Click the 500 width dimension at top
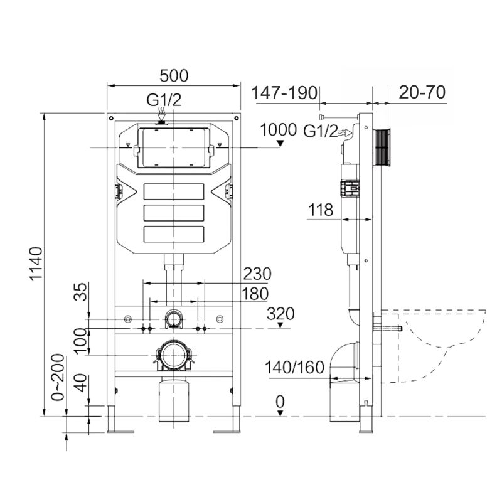pos(174,75)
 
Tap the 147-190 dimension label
pos(284,92)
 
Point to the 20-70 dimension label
pos(422,92)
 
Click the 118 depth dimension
pos(321,210)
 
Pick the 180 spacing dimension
pos(255,294)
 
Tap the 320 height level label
pos(280,314)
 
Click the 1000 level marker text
pos(278,130)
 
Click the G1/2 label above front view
pos(164,100)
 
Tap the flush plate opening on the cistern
pos(173,147)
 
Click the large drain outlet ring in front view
pos(172,356)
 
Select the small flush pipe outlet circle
pos(173,319)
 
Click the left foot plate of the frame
pos(119,430)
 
